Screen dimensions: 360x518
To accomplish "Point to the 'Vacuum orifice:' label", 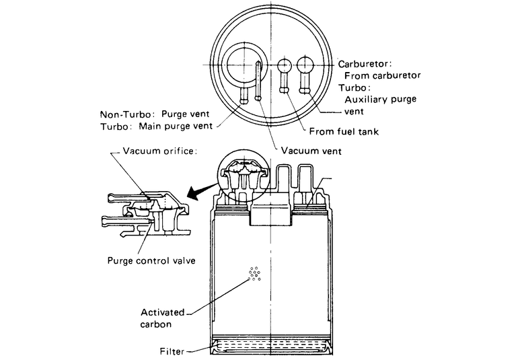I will [x=159, y=151].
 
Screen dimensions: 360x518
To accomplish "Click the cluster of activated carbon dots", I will [x=254, y=275].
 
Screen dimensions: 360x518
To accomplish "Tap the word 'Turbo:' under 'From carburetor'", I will [x=357, y=87].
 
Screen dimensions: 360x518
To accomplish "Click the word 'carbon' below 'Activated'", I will [x=156, y=324].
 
